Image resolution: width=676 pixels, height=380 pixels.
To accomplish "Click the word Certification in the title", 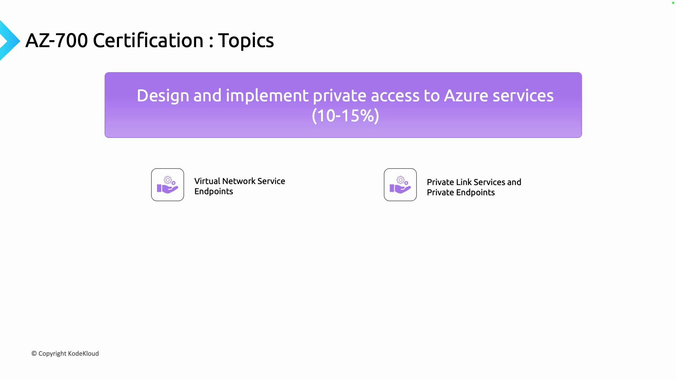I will (148, 40).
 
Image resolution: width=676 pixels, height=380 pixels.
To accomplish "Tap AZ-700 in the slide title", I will (56, 40).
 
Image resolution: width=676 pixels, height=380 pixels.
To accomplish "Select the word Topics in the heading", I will (246, 40).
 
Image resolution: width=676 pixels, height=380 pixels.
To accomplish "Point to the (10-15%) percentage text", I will (345, 116).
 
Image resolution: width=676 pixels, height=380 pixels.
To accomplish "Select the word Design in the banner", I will (163, 96).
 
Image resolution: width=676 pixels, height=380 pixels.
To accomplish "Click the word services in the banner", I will (523, 96).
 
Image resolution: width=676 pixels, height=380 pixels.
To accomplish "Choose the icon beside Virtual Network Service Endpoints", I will (168, 185).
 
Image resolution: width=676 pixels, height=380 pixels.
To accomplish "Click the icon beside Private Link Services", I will (400, 185).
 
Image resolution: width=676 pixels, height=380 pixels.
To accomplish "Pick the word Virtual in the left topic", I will (207, 181).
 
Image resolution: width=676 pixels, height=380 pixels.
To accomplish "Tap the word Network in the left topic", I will (239, 181).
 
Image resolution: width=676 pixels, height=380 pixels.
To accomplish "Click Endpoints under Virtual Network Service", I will (214, 191).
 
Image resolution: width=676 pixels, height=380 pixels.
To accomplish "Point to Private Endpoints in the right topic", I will (461, 192).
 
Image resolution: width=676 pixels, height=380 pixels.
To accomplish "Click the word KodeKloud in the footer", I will (83, 354).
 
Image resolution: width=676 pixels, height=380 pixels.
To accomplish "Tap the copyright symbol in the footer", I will (34, 354).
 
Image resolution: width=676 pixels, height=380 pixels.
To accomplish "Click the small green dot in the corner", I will (673, 3).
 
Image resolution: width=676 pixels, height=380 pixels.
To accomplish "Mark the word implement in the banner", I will (267, 96).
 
